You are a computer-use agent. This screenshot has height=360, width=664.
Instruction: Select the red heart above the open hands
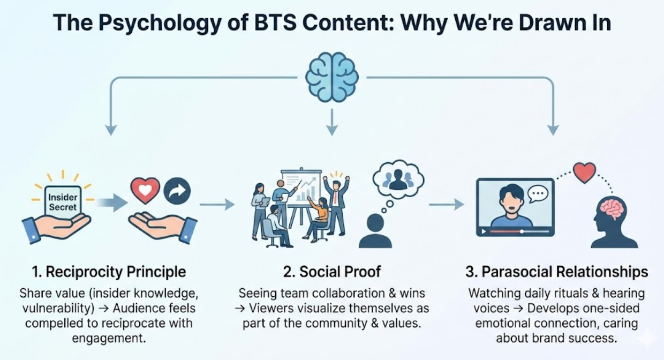145,191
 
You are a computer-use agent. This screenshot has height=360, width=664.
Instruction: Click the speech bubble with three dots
538,193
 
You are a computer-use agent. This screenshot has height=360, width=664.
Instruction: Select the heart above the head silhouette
584,173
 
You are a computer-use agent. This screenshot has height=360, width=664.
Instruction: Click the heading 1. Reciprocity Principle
109,272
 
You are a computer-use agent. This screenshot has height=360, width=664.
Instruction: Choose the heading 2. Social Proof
332,272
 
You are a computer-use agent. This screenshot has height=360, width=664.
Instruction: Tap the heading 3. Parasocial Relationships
556,272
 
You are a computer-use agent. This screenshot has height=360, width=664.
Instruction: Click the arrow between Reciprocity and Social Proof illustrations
217,204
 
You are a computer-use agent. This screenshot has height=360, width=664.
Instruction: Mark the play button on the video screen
484,232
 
